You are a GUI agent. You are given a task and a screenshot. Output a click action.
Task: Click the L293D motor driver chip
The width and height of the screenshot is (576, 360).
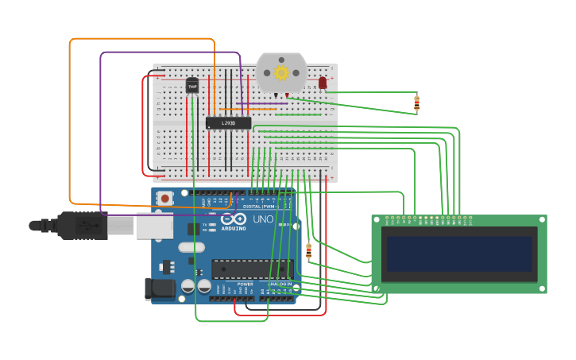click(x=228, y=123)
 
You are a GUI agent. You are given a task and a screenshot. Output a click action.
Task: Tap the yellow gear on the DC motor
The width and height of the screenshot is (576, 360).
click(x=281, y=73)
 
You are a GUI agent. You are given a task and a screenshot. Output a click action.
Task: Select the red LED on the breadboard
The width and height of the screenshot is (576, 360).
click(x=323, y=83)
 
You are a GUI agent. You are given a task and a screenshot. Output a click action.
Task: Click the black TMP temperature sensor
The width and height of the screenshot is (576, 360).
click(x=192, y=85)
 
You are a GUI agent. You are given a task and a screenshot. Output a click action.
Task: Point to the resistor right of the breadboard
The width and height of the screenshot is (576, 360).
click(x=416, y=103)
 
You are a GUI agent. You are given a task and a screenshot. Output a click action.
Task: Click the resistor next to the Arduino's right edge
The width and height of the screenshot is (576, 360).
click(x=308, y=252)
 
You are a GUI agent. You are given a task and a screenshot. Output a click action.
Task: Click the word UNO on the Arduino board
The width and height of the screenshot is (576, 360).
click(x=263, y=219)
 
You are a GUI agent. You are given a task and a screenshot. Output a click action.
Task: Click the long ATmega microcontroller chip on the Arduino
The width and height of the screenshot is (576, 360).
click(x=252, y=269)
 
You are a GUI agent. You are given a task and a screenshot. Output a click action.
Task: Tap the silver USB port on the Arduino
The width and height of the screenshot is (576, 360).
click(x=154, y=226)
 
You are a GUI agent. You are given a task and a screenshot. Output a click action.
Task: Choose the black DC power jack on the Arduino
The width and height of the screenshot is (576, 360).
click(x=160, y=289)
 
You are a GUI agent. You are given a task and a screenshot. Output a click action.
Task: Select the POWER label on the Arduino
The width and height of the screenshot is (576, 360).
click(x=245, y=284)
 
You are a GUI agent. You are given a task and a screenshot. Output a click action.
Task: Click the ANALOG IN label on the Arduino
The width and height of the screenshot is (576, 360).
click(x=279, y=284)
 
